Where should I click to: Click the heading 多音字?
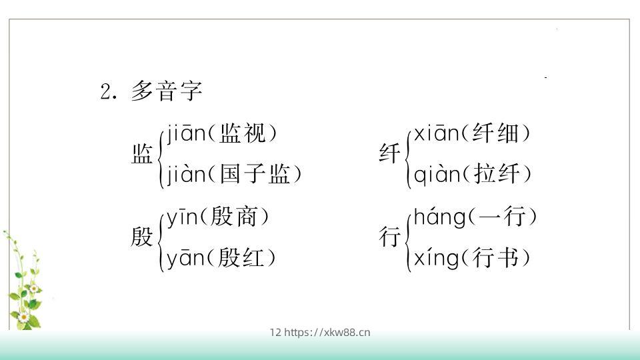coord(166,91)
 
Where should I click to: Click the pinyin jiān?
coord(185,135)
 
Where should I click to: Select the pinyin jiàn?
coord(185,175)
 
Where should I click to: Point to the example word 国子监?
coord(255,175)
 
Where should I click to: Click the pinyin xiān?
coord(436,135)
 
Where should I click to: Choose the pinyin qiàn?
coord(437,175)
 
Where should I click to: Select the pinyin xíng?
coord(436,258)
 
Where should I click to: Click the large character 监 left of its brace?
coord(143,155)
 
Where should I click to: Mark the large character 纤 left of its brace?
coord(390,155)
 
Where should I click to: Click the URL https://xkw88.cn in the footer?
coord(327,332)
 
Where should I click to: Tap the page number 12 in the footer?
coord(275,332)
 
